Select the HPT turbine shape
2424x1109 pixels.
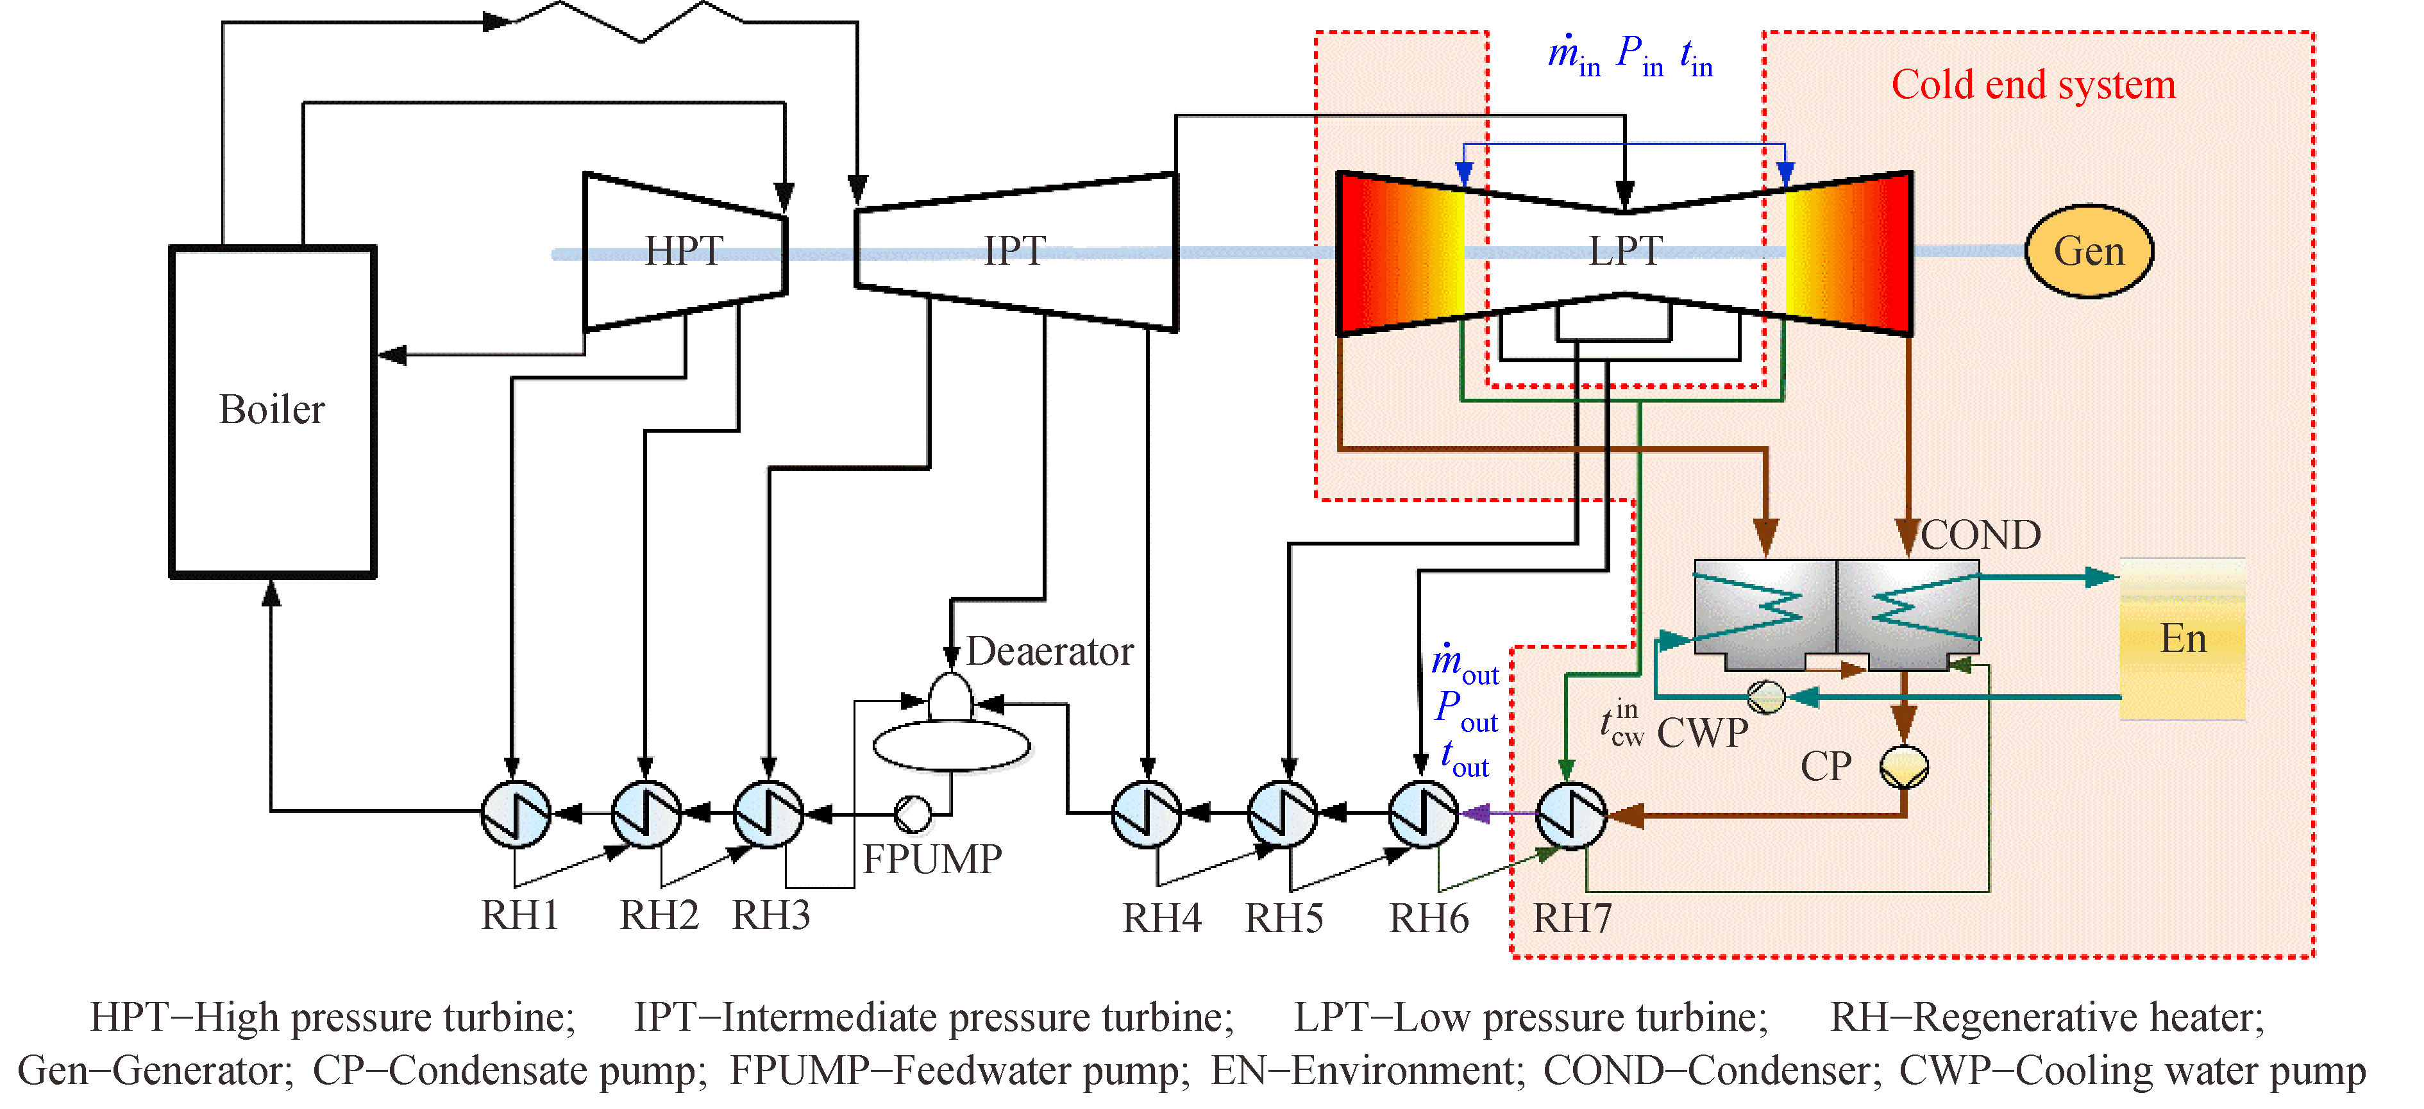(x=684, y=252)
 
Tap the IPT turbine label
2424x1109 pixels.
(x=1014, y=251)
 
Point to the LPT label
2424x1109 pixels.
(x=1625, y=251)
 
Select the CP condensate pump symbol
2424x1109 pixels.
(x=1904, y=767)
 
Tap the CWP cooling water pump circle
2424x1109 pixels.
(x=1765, y=697)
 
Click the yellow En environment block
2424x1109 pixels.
(x=2182, y=640)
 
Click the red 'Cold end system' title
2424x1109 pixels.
(x=2033, y=85)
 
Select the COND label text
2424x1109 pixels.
(x=1980, y=535)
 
